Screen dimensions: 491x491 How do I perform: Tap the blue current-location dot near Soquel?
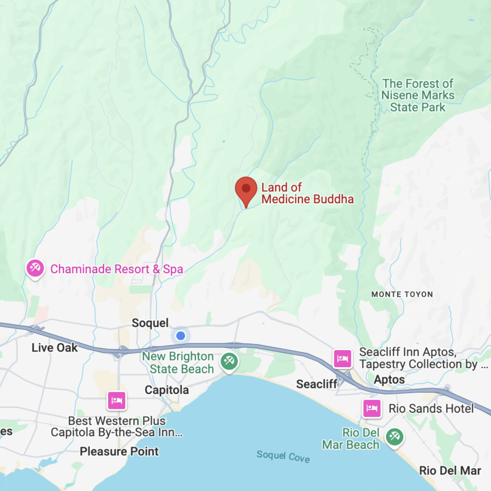[181, 336]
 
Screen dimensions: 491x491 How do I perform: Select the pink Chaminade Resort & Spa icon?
[35, 269]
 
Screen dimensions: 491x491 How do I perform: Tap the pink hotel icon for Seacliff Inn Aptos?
[342, 358]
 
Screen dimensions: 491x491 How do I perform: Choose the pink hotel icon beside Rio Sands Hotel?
[372, 409]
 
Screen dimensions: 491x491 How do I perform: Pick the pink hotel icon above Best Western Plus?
[117, 400]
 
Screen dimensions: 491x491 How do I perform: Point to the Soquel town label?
[150, 323]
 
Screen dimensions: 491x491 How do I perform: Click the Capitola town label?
[167, 390]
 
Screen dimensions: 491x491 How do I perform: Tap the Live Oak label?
[55, 348]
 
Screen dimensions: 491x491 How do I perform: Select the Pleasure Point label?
[119, 451]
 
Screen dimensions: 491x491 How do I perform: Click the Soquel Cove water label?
[283, 456]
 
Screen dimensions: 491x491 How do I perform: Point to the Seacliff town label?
[317, 384]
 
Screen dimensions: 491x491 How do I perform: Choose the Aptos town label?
[389, 379]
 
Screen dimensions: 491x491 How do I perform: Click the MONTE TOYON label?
[402, 294]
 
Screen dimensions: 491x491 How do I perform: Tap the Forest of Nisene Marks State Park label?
[418, 95]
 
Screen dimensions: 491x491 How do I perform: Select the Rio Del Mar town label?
[450, 470]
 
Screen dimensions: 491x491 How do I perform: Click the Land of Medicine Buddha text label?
[307, 193]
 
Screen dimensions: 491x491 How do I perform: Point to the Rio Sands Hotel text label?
[431, 409]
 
